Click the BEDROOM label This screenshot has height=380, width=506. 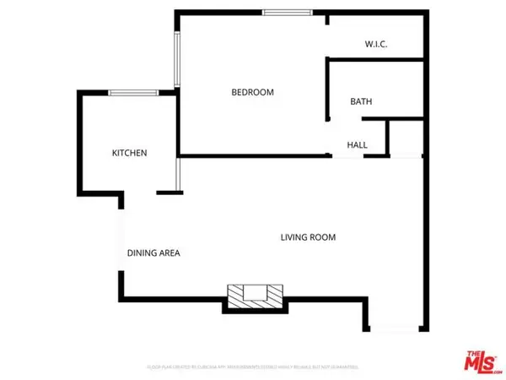click(253, 93)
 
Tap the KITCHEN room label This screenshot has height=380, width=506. click(130, 154)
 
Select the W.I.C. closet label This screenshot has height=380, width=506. click(376, 44)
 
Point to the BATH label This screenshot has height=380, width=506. click(362, 102)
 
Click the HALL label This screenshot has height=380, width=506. click(358, 145)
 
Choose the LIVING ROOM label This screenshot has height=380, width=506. click(308, 237)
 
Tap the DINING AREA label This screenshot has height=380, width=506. click(153, 252)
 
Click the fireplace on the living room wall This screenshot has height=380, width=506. click(254, 296)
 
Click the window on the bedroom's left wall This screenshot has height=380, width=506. click(176, 59)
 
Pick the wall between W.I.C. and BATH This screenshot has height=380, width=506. click(375, 60)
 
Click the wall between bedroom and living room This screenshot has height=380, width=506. click(253, 155)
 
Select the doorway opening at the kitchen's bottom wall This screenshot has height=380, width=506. click(140, 193)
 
